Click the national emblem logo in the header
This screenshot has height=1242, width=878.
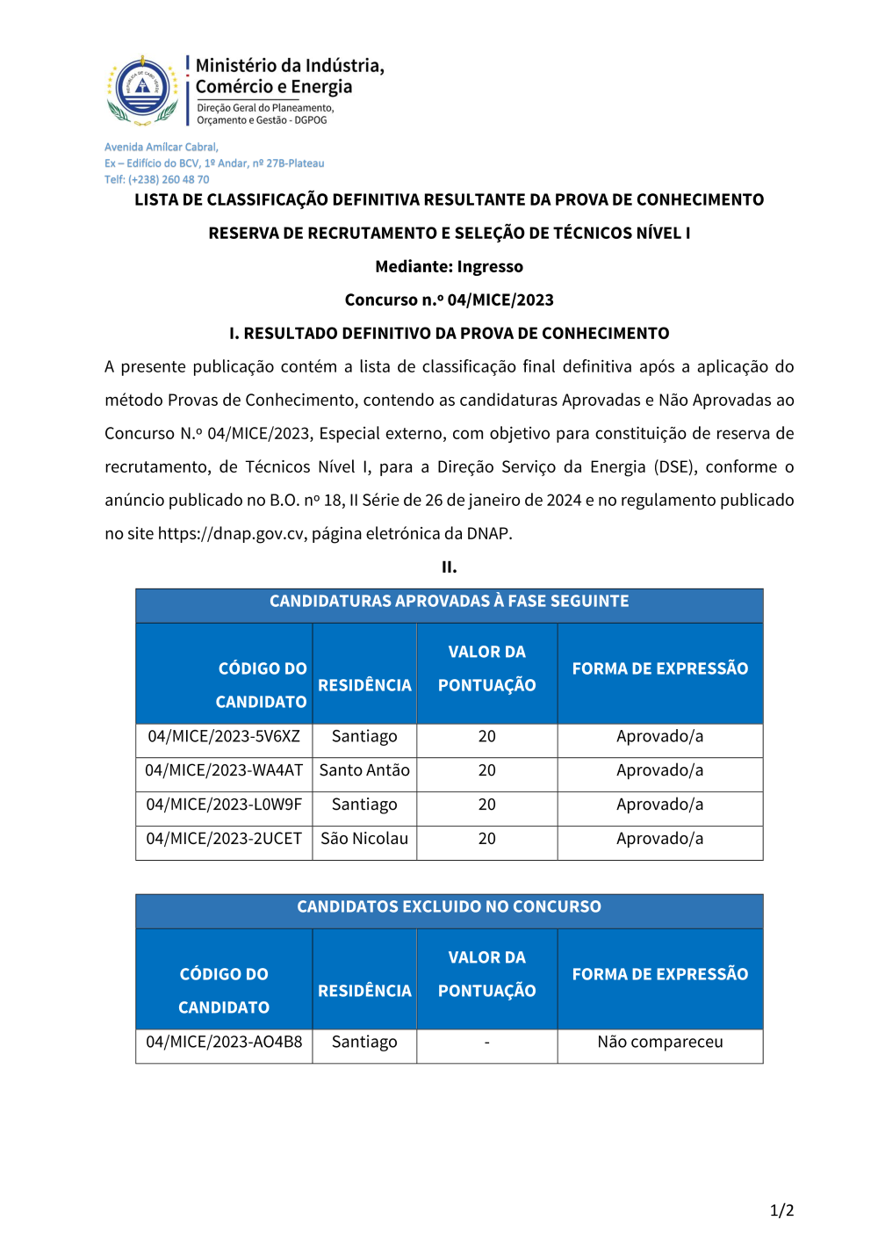coord(142,89)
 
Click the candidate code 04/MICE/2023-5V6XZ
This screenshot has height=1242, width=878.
coord(224,736)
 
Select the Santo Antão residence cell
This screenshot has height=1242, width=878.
coord(364,770)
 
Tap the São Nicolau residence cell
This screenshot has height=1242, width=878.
coord(364,839)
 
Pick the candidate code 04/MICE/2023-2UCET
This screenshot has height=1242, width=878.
coord(224,839)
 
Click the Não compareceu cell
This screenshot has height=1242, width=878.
coord(660,1042)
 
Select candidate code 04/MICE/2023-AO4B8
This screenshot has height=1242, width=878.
coord(224,1042)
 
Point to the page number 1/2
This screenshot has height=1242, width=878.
coord(781,1210)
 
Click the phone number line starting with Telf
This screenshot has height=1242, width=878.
coord(157,179)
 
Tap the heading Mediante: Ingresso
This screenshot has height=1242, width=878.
coord(449,266)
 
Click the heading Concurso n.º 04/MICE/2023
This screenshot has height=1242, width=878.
coord(449,300)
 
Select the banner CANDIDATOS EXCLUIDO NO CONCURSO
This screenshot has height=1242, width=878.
coord(449,906)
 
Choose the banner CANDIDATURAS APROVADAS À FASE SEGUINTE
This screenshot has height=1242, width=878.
coord(449,601)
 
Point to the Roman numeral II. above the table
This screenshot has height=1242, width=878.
coord(449,567)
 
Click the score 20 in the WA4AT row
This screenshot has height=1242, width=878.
coord(487,770)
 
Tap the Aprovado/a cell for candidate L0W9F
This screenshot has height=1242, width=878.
coord(660,805)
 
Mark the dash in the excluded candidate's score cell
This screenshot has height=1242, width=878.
coord(487,1042)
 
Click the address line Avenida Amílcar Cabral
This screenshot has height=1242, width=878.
coord(162,147)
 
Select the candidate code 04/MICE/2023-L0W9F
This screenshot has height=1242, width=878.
coord(224,805)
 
